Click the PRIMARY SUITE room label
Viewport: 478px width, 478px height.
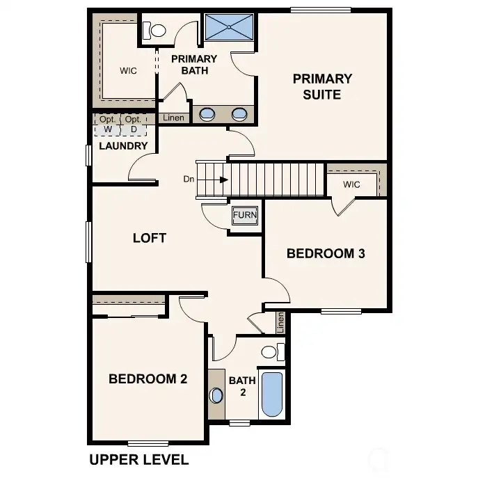321,86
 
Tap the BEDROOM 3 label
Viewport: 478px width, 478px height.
326,254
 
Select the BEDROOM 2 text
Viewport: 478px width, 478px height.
148,379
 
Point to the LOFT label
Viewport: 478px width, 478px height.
150,238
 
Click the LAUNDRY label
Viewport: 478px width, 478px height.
123,146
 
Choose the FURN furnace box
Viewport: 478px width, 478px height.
245,216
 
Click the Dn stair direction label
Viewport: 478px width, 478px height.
189,180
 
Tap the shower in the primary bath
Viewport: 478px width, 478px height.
228,29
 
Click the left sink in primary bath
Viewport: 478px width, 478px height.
207,115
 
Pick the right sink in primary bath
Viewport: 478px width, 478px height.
239,115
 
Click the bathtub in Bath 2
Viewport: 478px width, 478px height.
271,395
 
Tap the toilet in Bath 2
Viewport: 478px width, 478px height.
271,351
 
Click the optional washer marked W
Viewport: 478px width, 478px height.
107,125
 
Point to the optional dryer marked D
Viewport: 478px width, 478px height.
133,125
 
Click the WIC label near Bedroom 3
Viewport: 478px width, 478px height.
351,185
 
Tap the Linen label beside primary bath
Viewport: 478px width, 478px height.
173,118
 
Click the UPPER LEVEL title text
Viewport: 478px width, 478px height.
139,460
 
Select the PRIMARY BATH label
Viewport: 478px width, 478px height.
194,65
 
